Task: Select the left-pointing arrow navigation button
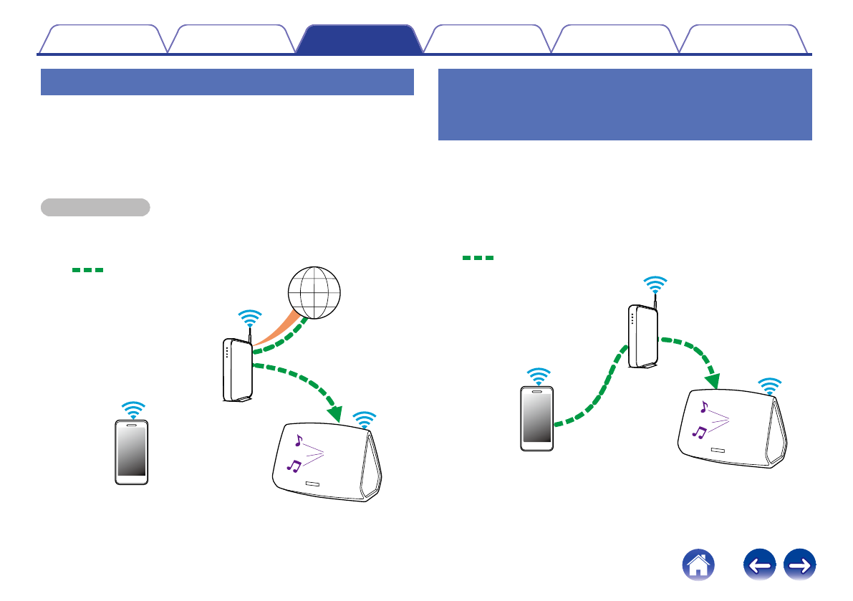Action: (x=761, y=567)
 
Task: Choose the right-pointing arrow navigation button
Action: (x=801, y=567)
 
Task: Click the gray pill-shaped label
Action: (x=95, y=208)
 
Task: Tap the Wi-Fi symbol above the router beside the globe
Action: (x=249, y=317)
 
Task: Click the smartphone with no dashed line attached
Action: (x=132, y=452)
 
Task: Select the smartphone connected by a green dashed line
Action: (x=537, y=418)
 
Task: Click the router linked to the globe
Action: (x=237, y=370)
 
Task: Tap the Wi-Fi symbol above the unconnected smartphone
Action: (x=132, y=409)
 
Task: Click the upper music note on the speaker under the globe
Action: (x=299, y=441)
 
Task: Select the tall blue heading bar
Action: (x=625, y=105)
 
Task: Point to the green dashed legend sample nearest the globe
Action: (x=87, y=270)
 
